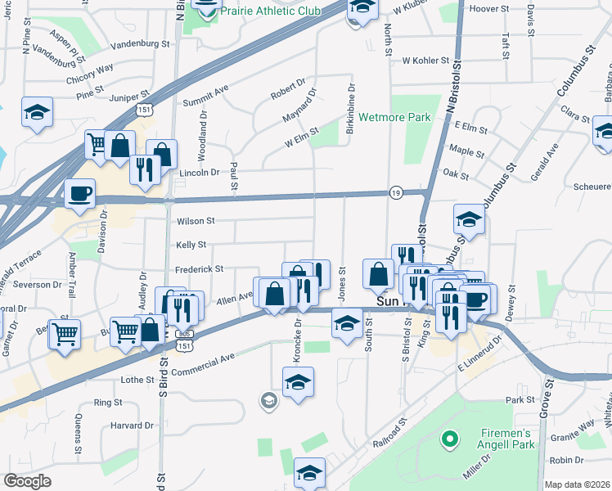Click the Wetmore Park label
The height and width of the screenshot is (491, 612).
pyautogui.click(x=394, y=117)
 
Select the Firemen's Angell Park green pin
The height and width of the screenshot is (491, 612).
pyautogui.click(x=448, y=440)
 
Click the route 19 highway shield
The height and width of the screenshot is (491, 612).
pyautogui.click(x=395, y=191)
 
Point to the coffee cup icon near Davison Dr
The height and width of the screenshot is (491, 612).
pyautogui.click(x=79, y=193)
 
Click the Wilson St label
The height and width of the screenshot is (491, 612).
pyautogui.click(x=195, y=221)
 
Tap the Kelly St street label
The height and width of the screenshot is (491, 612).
pyautogui.click(x=191, y=245)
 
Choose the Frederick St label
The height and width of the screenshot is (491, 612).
pyautogui.click(x=199, y=268)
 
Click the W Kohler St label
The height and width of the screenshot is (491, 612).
pyautogui.click(x=425, y=61)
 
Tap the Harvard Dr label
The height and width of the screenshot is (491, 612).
pyautogui.click(x=132, y=426)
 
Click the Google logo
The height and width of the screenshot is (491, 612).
pyautogui.click(x=28, y=481)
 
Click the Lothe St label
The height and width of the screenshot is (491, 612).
pyautogui.click(x=137, y=380)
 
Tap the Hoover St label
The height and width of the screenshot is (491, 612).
pyautogui.click(x=490, y=9)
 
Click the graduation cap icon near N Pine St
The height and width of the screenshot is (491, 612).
pyautogui.click(x=36, y=112)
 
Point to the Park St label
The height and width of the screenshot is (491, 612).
pyautogui.click(x=520, y=400)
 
